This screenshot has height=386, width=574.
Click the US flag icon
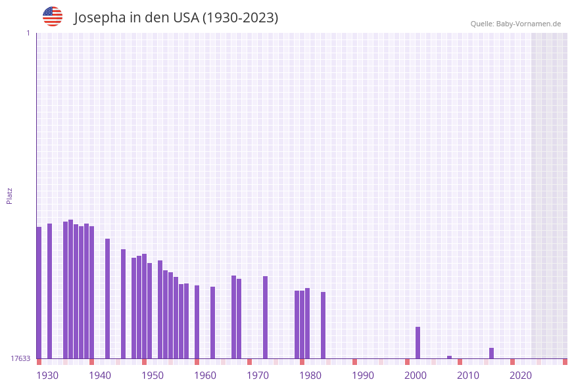(53, 16)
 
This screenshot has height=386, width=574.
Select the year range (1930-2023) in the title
(240, 18)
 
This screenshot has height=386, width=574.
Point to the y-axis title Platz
(10, 195)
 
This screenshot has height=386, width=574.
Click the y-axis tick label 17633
(20, 358)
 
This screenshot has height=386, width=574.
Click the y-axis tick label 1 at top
(28, 33)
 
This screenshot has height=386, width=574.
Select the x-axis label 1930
(47, 375)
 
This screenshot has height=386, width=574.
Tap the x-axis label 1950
(153, 375)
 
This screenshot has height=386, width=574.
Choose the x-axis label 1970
(258, 375)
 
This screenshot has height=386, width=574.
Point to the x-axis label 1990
(363, 375)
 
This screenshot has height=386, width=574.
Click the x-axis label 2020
(521, 375)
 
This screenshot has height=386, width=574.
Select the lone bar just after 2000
(418, 342)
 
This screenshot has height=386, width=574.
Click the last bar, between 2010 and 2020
(491, 353)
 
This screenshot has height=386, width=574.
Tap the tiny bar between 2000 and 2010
(449, 357)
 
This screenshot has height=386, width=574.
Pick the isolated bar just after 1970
(265, 317)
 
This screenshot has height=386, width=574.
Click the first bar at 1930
(39, 293)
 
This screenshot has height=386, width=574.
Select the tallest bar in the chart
(70, 289)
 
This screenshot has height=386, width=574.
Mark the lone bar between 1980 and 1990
(323, 325)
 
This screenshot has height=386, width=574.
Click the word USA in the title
(185, 18)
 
